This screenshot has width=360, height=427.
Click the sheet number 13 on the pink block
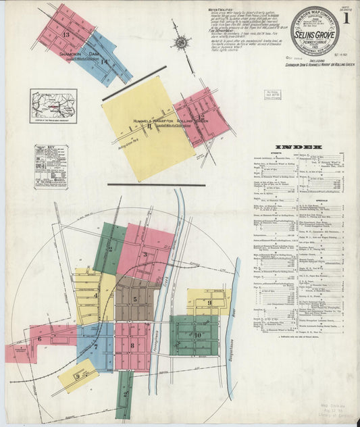66,34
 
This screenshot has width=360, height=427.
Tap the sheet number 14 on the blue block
104,61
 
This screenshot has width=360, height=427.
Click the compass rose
180,43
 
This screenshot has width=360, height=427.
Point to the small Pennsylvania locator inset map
53,106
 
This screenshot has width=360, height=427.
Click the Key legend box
51,166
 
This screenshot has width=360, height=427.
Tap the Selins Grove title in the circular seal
315,34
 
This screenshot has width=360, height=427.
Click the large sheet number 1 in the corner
346,18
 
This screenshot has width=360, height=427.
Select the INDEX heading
299,147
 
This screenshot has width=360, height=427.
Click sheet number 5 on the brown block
135,299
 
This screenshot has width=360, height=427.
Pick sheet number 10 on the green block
198,334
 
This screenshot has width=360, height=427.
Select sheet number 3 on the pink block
145,255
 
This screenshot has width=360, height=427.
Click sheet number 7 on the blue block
96,347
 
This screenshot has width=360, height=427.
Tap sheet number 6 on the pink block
39,338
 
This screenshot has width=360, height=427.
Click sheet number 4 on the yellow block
96,295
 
